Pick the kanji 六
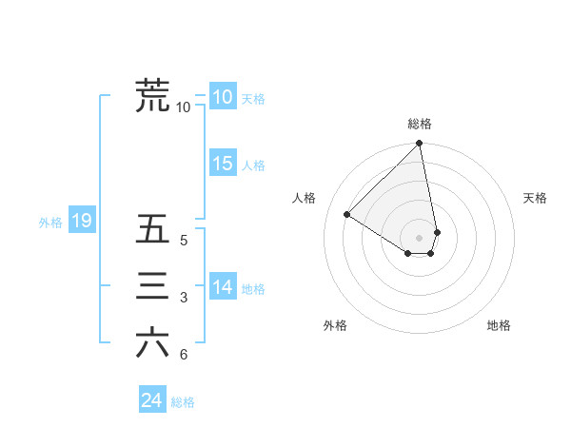coord(152,342)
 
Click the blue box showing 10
coord(222,97)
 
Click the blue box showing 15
coord(222,164)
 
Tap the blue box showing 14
coord(222,287)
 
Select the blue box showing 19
coord(81,222)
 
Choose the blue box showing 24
coord(151,400)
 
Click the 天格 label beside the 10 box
coord(253,99)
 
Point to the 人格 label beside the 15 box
coord(253,165)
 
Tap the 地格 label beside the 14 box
coord(253,289)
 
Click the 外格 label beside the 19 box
coord(50,223)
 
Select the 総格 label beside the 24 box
coord(183,402)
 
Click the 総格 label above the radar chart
coord(420,124)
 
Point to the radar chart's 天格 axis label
coord(536,198)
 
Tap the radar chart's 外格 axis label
coord(335,325)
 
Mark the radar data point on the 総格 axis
coord(420,145)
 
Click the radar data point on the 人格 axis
coord(347,214)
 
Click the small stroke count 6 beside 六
coord(183,355)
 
